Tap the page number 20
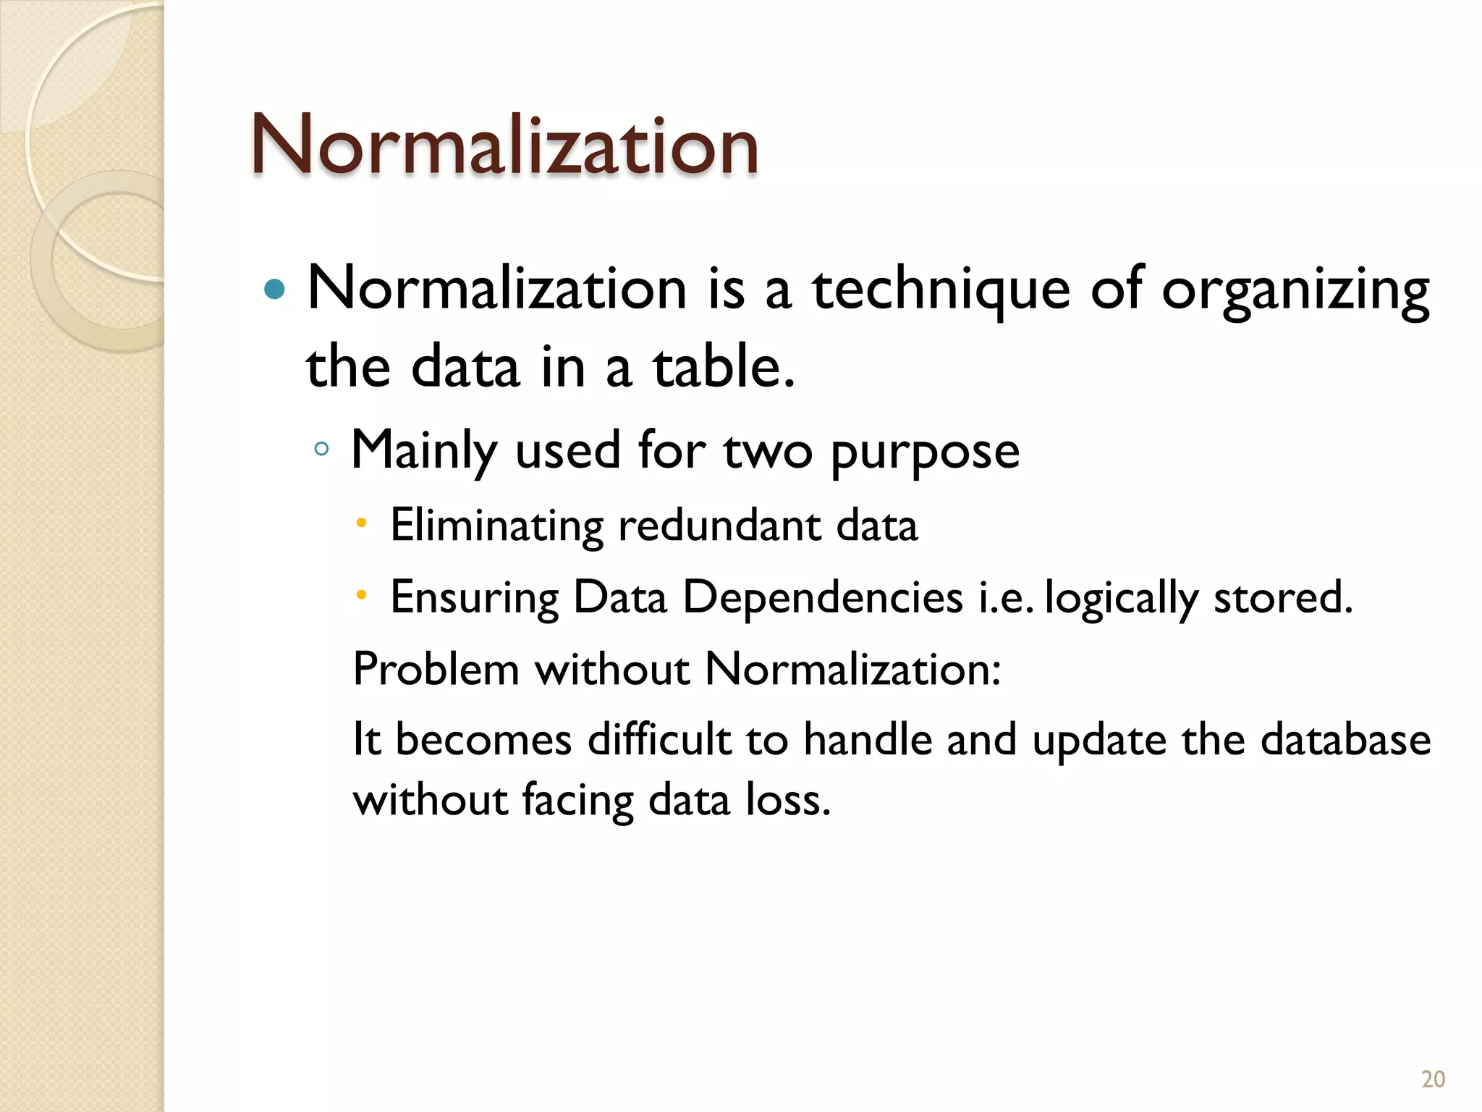point(1433,1079)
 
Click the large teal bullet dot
point(275,290)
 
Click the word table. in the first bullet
point(724,367)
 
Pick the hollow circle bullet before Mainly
point(322,450)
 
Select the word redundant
point(719,525)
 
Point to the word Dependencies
point(822,598)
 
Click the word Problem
point(436,669)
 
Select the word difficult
point(659,740)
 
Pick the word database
point(1345,740)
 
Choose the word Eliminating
point(496,525)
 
